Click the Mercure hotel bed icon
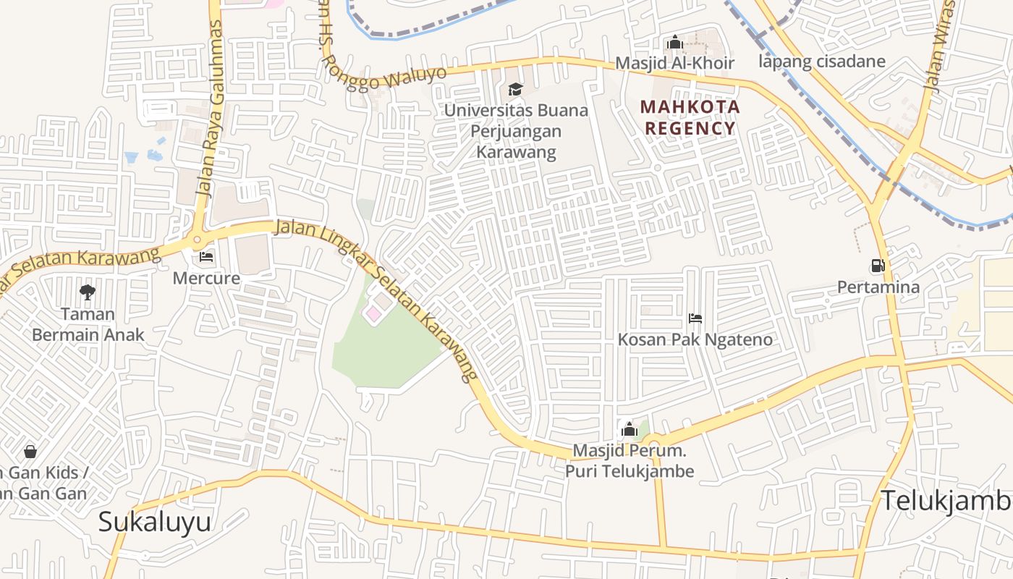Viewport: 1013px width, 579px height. pyautogui.click(x=206, y=257)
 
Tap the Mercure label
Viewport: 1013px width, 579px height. pyautogui.click(x=206, y=277)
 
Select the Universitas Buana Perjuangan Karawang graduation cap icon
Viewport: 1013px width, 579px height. pyautogui.click(x=515, y=89)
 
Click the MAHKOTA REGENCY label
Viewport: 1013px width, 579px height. pyautogui.click(x=690, y=118)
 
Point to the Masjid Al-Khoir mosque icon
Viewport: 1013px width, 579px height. pyautogui.click(x=675, y=43)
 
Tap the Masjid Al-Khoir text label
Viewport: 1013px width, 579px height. pyautogui.click(x=674, y=64)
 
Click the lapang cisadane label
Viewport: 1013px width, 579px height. pyautogui.click(x=822, y=61)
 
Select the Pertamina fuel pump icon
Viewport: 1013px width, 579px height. pyautogui.click(x=878, y=266)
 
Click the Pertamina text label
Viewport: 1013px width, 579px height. pyautogui.click(x=878, y=287)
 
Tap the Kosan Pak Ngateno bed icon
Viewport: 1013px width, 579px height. pyautogui.click(x=695, y=318)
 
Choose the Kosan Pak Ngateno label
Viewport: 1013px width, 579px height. pyautogui.click(x=695, y=339)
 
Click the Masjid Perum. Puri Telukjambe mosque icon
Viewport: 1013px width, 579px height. pyautogui.click(x=629, y=429)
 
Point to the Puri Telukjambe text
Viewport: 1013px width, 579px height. pyautogui.click(x=630, y=472)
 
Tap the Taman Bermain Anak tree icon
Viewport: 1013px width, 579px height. pyautogui.click(x=88, y=292)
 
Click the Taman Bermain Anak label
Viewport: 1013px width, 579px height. pyautogui.click(x=88, y=324)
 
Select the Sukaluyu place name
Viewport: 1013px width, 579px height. pyautogui.click(x=154, y=521)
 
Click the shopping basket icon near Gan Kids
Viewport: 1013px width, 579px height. pyautogui.click(x=30, y=452)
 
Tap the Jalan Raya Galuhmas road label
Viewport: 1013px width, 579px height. pyautogui.click(x=209, y=109)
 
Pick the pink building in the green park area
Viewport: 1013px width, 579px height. pyautogui.click(x=373, y=314)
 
